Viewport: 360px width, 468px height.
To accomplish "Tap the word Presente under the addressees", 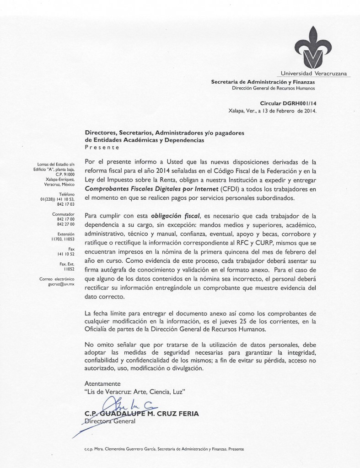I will point(102,148).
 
